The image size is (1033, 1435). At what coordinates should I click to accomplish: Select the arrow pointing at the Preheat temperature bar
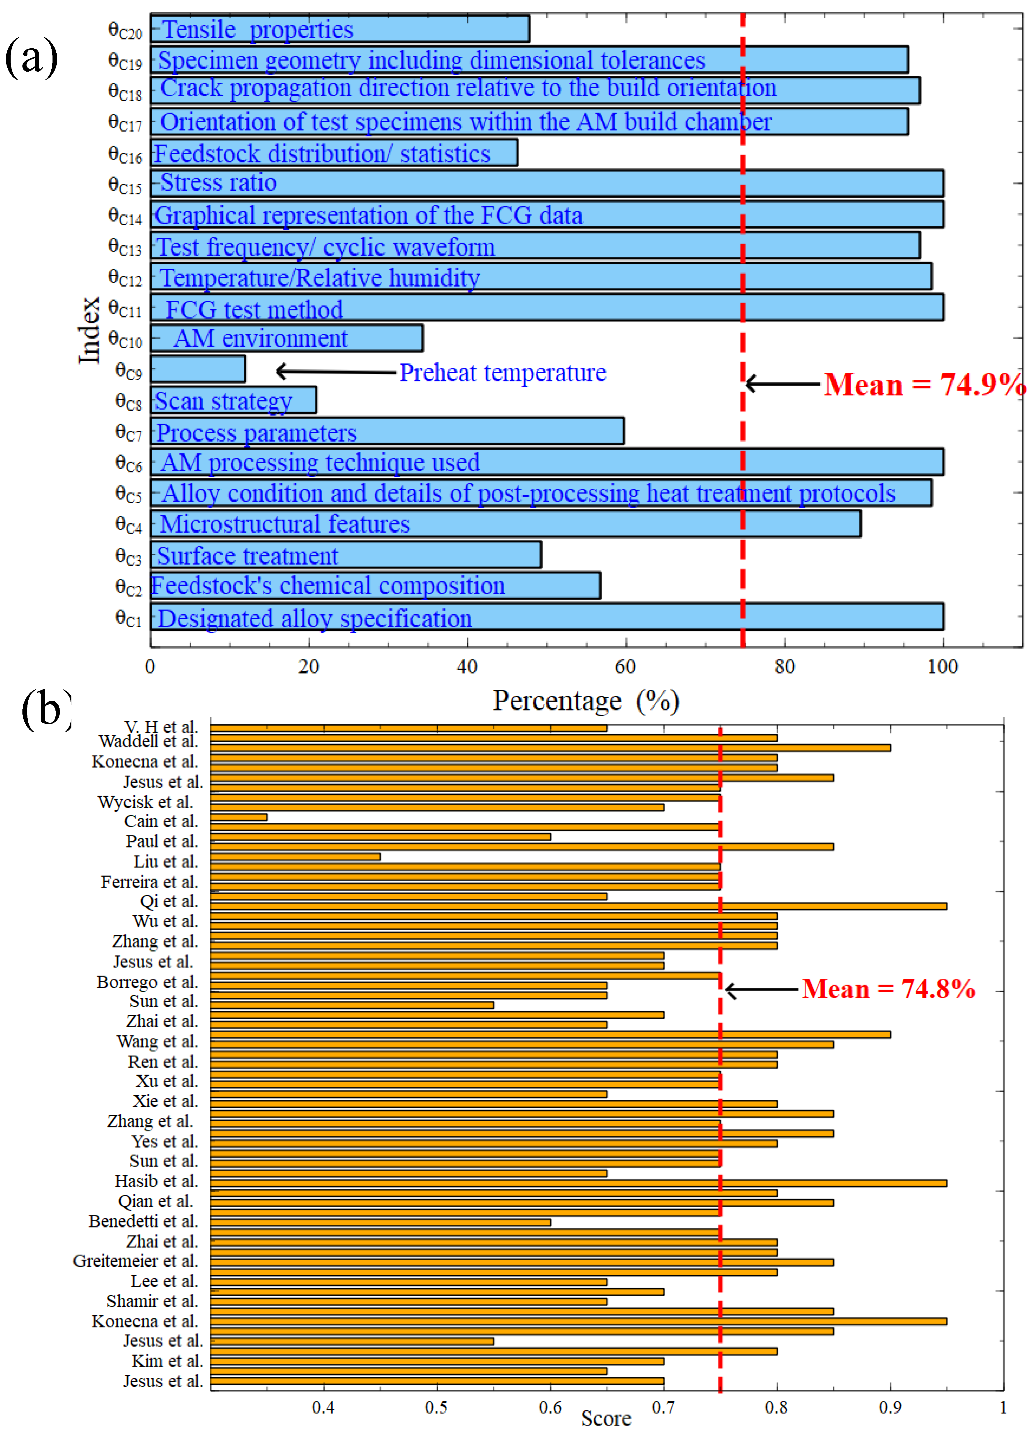pos(335,371)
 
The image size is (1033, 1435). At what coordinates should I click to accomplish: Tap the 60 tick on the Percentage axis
pos(625,666)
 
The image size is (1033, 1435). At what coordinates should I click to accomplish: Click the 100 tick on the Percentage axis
pos(942,666)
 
